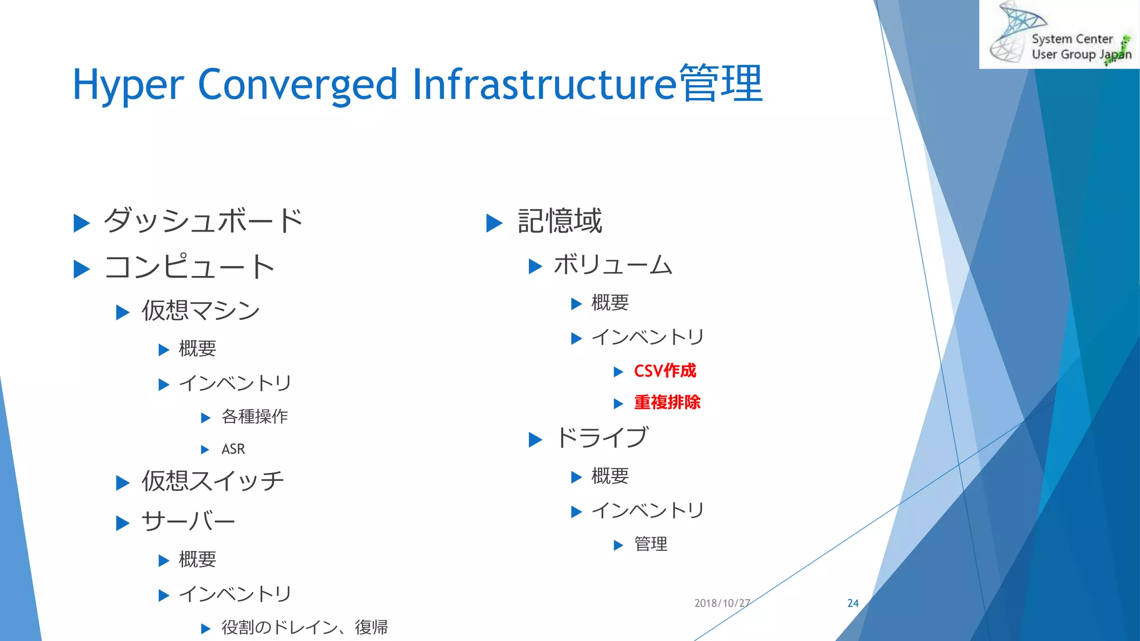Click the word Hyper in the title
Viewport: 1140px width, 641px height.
tap(128, 85)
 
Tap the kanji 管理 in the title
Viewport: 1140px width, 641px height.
tap(720, 83)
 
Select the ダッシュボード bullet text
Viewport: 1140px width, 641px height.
tap(203, 221)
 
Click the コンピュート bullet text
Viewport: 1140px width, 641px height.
tap(190, 267)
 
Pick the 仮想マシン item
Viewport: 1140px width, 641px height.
tap(200, 310)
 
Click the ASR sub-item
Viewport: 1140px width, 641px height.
tap(233, 449)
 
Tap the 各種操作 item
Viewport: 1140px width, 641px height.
tap(254, 416)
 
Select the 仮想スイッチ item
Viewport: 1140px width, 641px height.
tap(212, 481)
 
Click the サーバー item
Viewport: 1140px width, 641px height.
tap(188, 522)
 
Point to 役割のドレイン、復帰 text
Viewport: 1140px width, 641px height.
tap(304, 628)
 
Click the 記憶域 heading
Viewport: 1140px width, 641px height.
tap(559, 221)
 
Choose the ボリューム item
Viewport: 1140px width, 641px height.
tap(613, 265)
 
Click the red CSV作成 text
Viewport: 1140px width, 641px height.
tap(665, 371)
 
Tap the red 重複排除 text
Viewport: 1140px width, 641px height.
tap(667, 402)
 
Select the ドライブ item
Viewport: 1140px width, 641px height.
tap(602, 438)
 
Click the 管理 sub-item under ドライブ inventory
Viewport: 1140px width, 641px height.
tap(650, 544)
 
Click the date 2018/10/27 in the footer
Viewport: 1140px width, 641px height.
tap(722, 603)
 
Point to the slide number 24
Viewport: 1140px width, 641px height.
tap(853, 603)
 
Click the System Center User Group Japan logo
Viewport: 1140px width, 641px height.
tap(1059, 34)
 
